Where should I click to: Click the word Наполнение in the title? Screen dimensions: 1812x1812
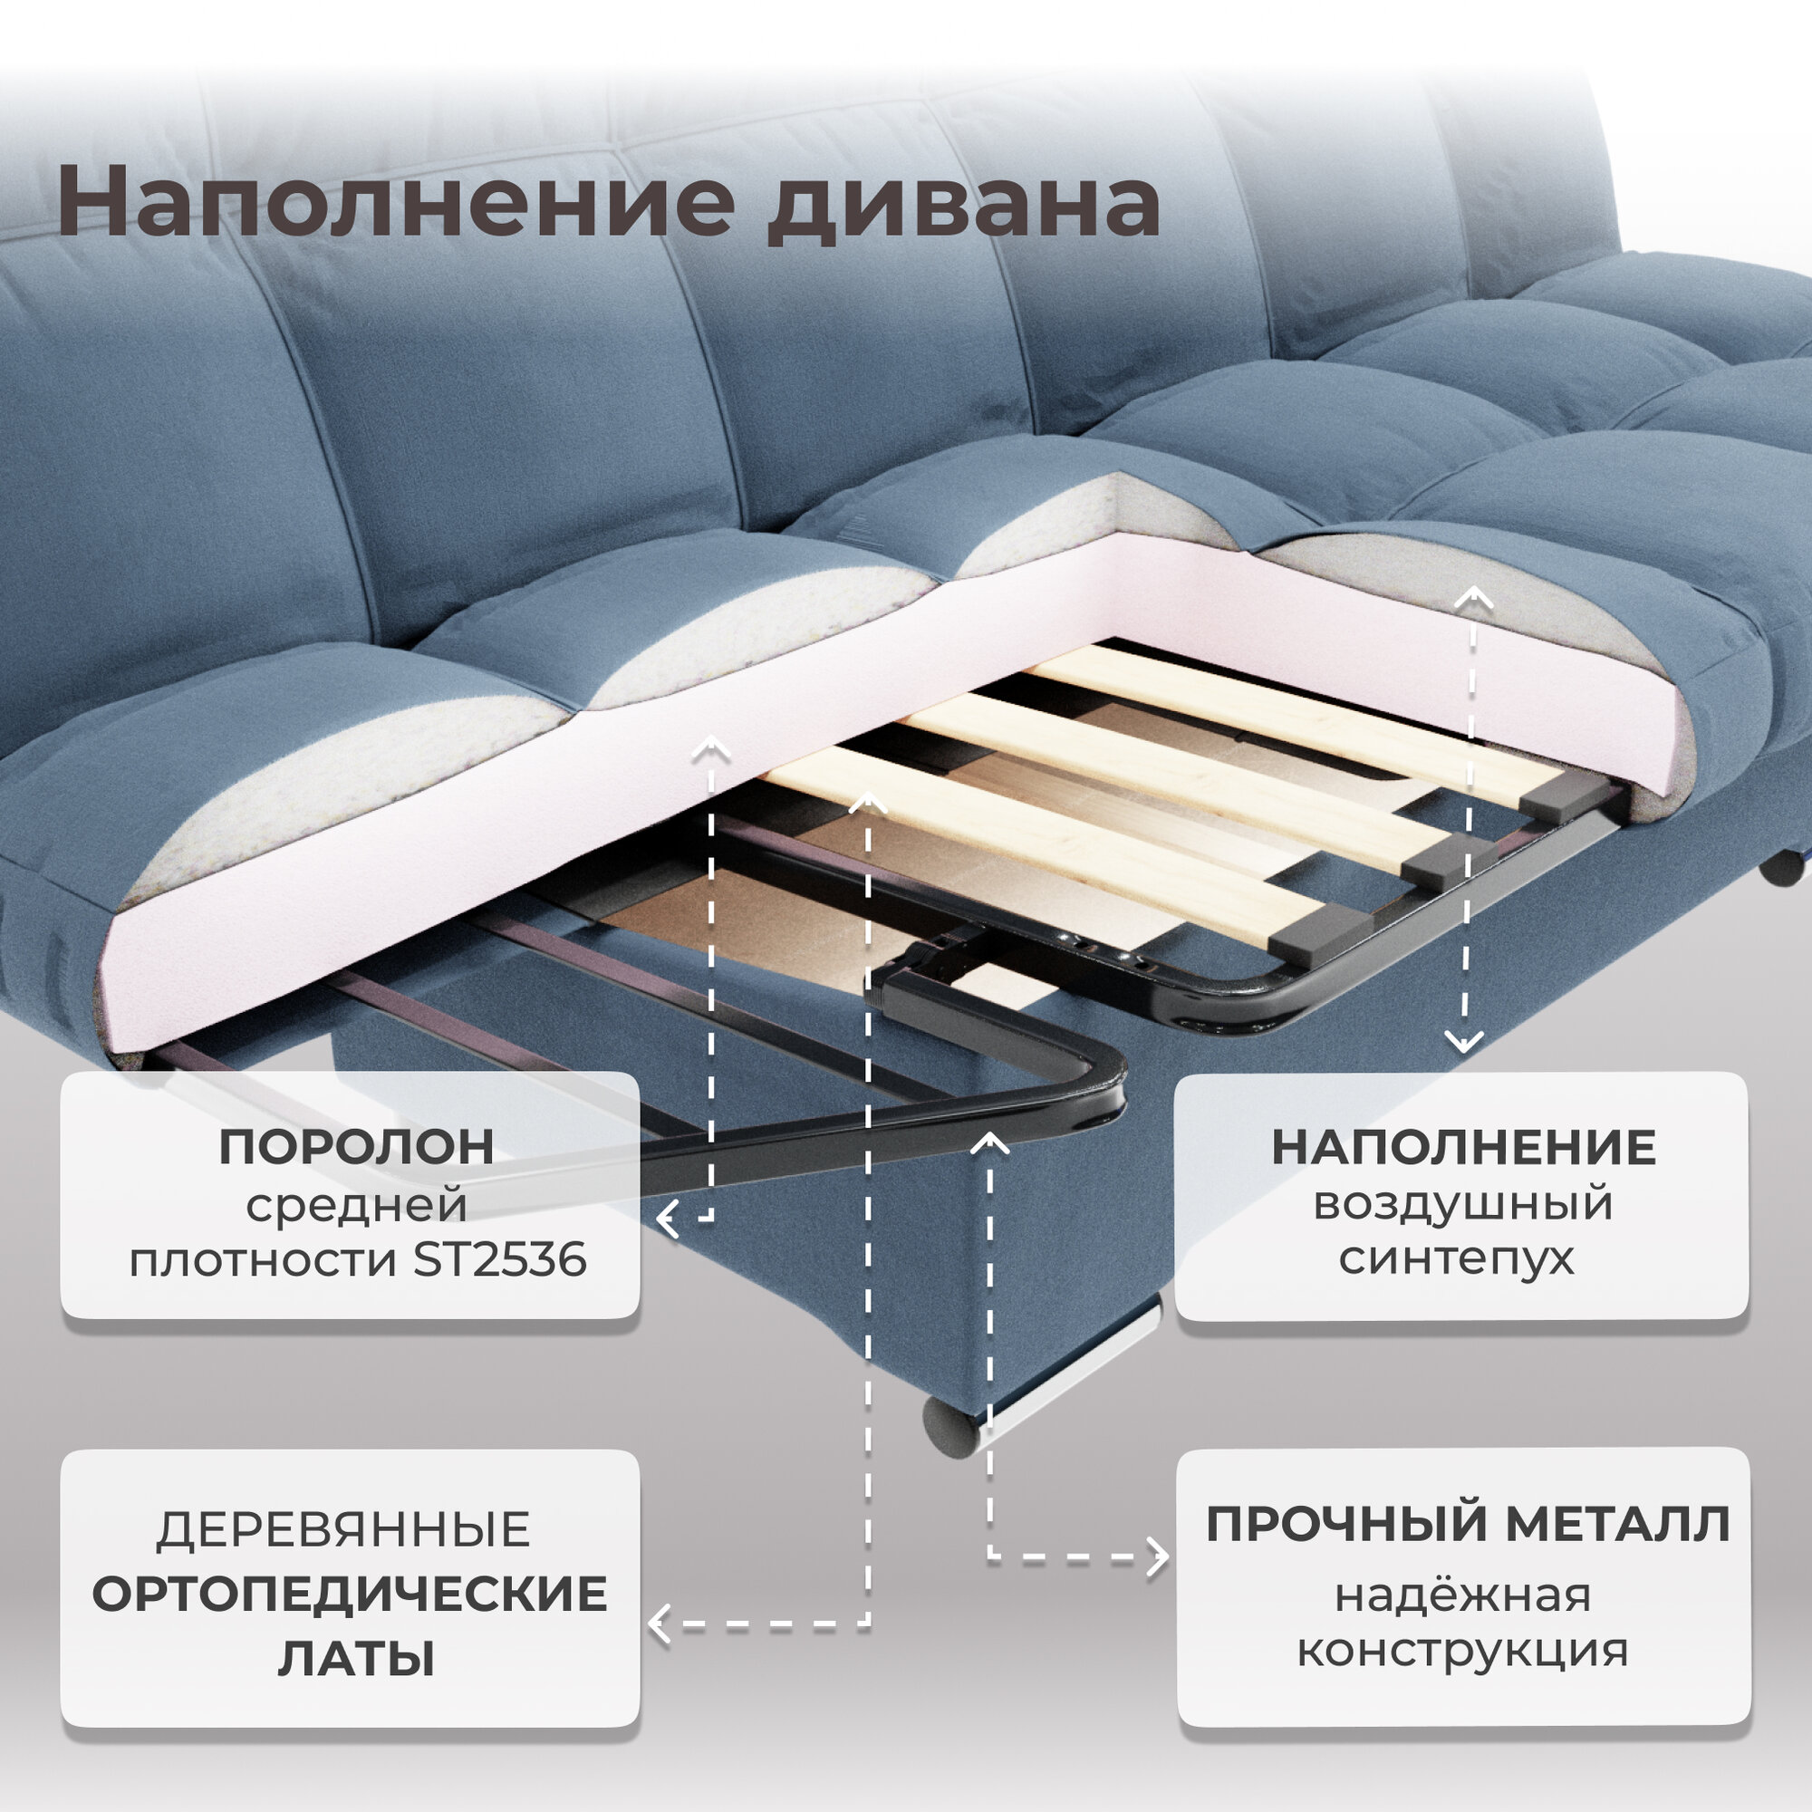(395, 202)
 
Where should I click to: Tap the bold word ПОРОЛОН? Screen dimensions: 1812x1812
(356, 1146)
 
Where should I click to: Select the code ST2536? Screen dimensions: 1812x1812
(500, 1259)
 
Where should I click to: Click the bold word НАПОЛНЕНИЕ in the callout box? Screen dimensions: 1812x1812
(1463, 1147)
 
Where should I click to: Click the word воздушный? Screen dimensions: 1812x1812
(1463, 1202)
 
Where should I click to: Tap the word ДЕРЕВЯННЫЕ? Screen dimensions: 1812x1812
(343, 1529)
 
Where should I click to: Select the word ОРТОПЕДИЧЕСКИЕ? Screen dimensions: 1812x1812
(350, 1594)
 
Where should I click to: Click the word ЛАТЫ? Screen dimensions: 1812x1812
(356, 1658)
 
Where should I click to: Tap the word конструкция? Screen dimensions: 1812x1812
(1463, 1650)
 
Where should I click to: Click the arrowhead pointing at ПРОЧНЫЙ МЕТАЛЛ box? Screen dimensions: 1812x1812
(1161, 1557)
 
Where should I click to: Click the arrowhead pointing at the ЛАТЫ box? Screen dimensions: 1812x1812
(660, 1624)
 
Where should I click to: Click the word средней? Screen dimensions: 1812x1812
(356, 1204)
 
